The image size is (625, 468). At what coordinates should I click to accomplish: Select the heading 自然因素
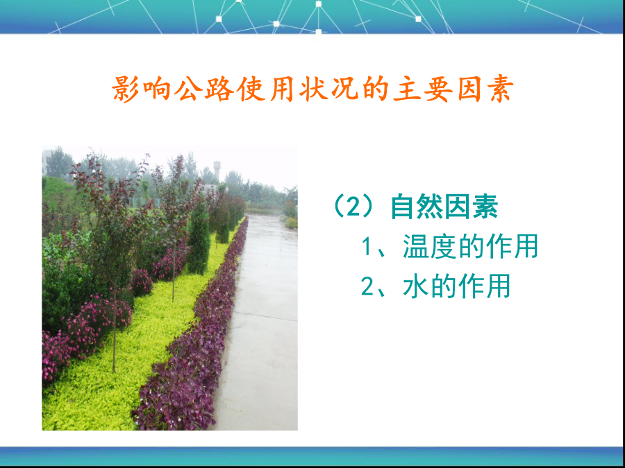(444, 207)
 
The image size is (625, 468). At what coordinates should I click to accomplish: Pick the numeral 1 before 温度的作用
(366, 247)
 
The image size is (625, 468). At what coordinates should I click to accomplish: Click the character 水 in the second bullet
(416, 286)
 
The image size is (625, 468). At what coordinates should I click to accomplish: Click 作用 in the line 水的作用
(484, 286)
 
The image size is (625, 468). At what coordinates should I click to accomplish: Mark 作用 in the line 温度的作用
(512, 246)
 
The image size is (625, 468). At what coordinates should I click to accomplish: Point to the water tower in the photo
(217, 171)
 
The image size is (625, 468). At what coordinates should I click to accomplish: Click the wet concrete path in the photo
(263, 318)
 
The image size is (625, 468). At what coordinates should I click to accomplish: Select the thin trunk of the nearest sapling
(115, 330)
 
